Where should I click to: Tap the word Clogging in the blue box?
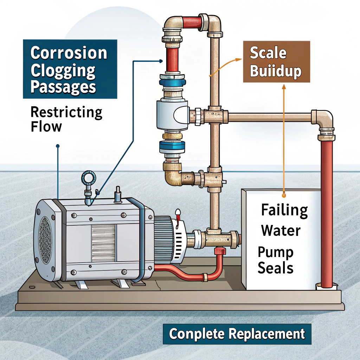[x=63, y=70]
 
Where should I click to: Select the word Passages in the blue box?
[x=63, y=87]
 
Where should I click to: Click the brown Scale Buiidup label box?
[x=276, y=62]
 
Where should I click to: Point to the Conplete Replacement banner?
[x=237, y=334]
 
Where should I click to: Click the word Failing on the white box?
[x=284, y=211]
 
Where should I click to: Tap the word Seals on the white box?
[x=275, y=268]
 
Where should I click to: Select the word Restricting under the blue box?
[x=66, y=113]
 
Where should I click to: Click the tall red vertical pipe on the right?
[x=327, y=211]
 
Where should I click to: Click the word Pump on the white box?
[x=275, y=252]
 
